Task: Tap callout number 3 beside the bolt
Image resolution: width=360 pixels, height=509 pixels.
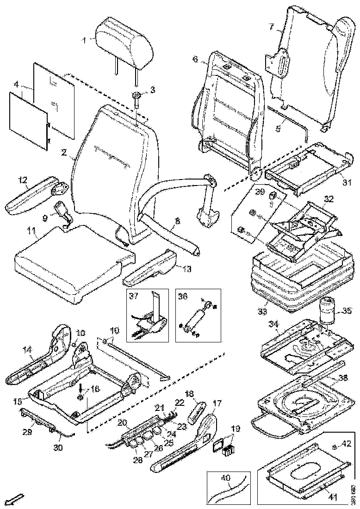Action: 153,89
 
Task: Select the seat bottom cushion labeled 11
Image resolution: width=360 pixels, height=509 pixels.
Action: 69,264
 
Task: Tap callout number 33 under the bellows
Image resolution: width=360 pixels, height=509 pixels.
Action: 262,311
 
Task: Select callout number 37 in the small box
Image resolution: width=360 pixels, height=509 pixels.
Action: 133,296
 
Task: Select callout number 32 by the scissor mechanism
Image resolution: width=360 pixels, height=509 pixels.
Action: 329,199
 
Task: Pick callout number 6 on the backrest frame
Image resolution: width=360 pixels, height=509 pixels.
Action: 195,60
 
